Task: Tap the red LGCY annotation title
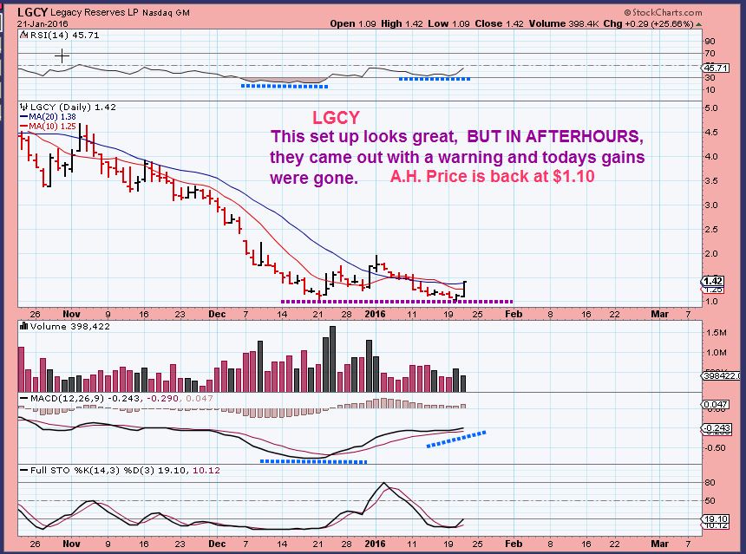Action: [x=336, y=117]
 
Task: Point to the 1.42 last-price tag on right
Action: [x=714, y=280]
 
